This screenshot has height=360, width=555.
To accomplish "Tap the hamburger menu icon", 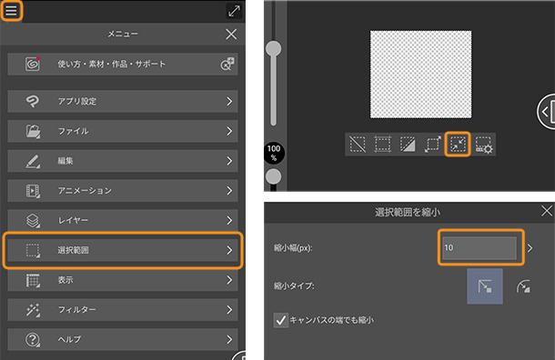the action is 11,11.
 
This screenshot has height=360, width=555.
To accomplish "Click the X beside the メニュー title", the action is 231,35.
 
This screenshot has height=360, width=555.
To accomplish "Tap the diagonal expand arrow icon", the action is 234,11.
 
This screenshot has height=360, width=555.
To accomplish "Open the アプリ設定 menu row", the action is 123,102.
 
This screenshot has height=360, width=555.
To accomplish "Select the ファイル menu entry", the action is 123,131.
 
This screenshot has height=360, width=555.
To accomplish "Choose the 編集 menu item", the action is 123,161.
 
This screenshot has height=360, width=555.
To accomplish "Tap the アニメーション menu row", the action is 123,191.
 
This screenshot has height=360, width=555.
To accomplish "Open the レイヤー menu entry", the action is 123,220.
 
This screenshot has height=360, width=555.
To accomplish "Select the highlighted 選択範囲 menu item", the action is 123,250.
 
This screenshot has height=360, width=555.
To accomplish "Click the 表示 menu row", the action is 123,280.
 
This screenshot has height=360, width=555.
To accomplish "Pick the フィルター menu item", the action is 123,310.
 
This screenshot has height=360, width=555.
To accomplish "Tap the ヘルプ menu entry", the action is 123,339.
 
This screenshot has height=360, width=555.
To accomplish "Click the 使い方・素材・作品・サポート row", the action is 123,64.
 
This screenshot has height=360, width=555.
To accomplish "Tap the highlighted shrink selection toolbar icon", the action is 458,145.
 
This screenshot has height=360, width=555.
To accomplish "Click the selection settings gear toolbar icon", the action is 483,145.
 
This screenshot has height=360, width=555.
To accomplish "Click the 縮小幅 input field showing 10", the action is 479,248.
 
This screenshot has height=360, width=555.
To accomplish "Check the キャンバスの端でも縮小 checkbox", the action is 281,320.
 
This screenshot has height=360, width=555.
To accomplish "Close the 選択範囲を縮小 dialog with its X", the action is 547,211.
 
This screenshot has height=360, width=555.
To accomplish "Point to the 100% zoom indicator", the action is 274,153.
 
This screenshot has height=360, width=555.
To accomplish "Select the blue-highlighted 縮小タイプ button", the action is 485,286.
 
